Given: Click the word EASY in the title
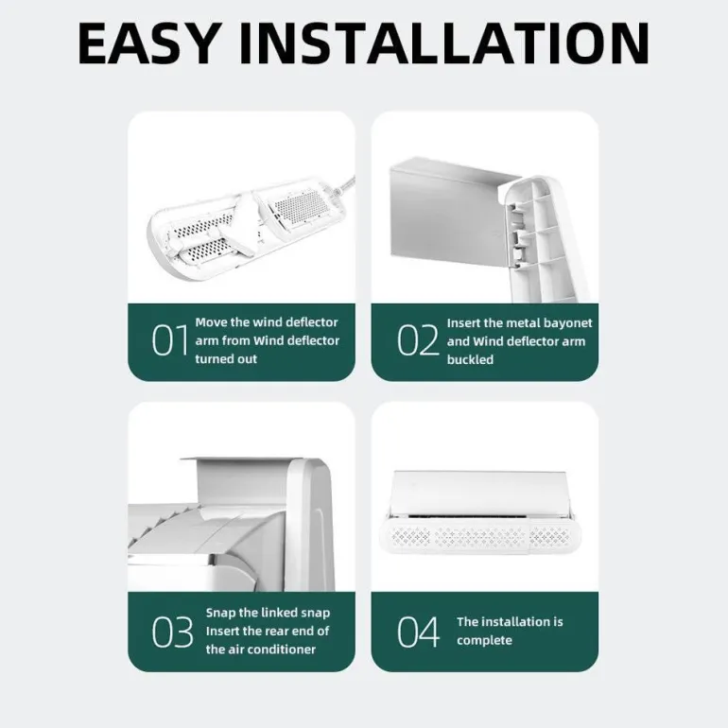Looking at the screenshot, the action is (x=148, y=43).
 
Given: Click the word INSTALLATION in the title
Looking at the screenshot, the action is (x=443, y=43).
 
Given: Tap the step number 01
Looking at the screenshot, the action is (x=170, y=340).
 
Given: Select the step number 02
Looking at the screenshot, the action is (x=417, y=340).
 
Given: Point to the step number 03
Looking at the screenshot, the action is (x=172, y=632).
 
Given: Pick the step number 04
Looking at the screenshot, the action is (x=418, y=632).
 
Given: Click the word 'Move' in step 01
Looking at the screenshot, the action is (x=211, y=322).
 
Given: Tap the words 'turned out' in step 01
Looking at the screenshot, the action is (x=226, y=359).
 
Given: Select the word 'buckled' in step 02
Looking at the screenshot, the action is (x=470, y=360).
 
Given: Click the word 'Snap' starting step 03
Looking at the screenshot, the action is (x=220, y=613).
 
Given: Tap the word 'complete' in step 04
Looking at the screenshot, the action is (x=484, y=641).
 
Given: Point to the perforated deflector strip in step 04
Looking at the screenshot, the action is (x=479, y=537).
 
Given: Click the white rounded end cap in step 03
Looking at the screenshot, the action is (x=310, y=525).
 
